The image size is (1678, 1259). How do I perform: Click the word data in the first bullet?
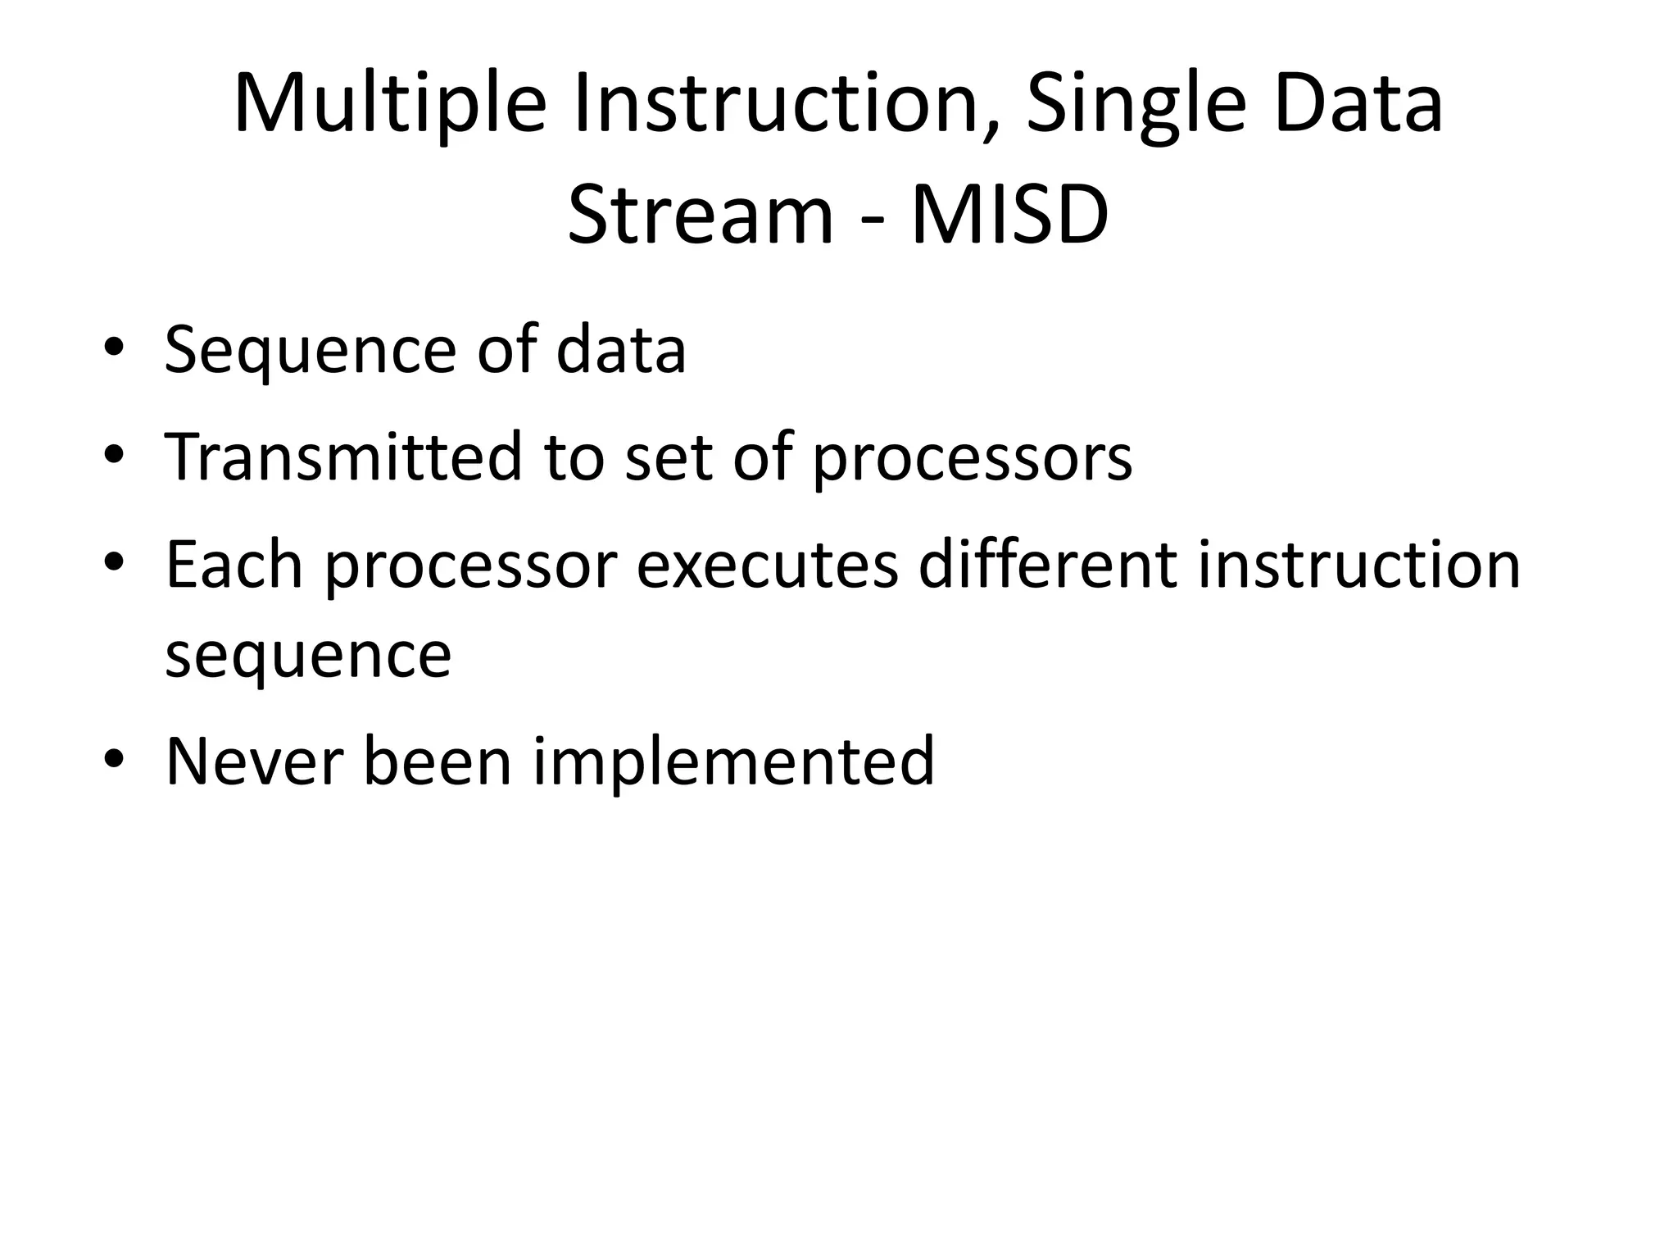pyautogui.click(x=620, y=351)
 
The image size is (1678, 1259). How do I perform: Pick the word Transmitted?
pyautogui.click(x=343, y=457)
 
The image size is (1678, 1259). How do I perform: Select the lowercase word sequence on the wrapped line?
pyautogui.click(x=308, y=656)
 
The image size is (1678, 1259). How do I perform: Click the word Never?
pyautogui.click(x=254, y=761)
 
